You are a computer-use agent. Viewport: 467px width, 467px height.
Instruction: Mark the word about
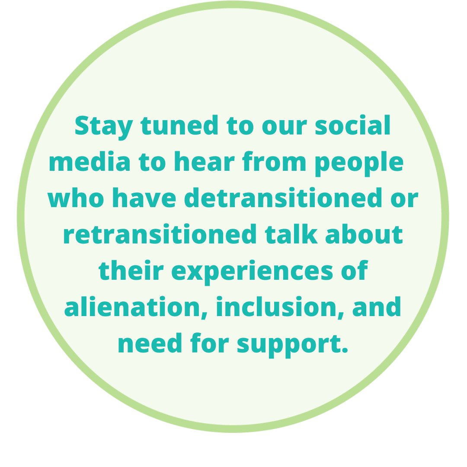pyautogui.click(x=371, y=235)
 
